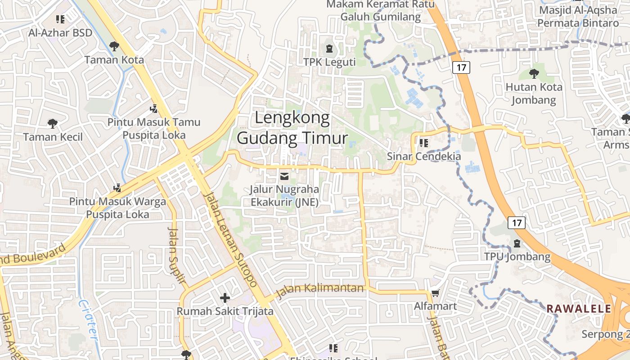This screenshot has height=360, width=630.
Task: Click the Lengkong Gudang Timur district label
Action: coord(292,128)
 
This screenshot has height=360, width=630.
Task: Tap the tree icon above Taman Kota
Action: coord(114,46)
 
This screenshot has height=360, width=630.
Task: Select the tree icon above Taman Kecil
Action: coord(53,123)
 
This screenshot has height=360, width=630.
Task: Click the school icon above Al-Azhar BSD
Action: coord(60,19)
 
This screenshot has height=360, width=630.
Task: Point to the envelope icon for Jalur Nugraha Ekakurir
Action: coord(284,176)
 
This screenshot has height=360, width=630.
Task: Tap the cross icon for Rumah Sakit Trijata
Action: coord(225,298)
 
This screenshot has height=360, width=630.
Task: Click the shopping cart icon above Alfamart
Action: coord(435,293)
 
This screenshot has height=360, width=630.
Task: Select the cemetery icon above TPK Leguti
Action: coord(329,48)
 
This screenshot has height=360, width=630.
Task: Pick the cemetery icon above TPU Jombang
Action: coord(517,243)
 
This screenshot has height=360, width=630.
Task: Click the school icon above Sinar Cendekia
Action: coord(423,143)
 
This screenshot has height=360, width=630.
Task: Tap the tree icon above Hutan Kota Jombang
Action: coord(534,73)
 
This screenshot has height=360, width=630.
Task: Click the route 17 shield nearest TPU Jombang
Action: coord(517,222)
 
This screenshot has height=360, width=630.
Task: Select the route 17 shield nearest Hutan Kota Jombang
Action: coord(462,67)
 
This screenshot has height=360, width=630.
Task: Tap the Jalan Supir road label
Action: coord(176,255)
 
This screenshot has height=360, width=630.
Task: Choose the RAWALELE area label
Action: coord(579,309)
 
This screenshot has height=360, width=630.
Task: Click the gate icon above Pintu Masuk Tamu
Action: coord(154,108)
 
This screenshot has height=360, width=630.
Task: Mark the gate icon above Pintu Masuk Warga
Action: coord(117,187)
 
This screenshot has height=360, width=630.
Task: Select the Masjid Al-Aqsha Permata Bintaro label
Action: coord(578,16)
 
